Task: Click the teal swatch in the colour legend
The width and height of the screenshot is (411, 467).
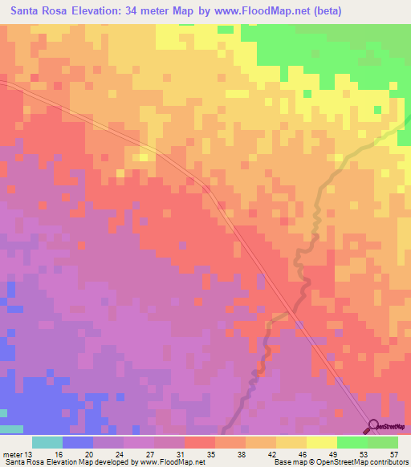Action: point(47,442)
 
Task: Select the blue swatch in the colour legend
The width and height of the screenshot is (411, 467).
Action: point(77,442)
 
